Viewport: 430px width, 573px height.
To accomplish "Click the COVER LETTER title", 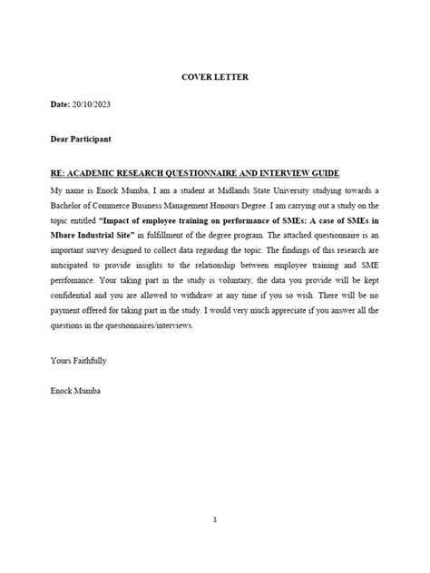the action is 215,76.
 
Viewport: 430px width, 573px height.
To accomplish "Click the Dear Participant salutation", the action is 81,140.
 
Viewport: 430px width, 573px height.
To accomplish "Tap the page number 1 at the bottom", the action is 215,520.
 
